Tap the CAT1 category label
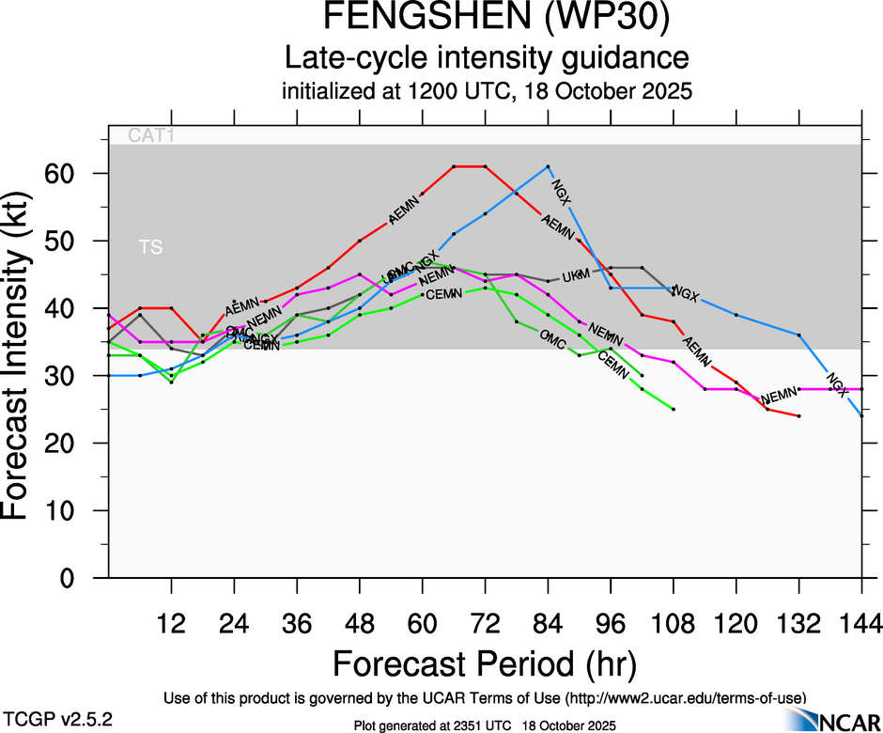pyautogui.click(x=151, y=135)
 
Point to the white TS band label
pyautogui.click(x=150, y=247)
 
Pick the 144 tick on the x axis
pyautogui.click(x=861, y=623)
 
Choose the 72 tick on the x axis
pyautogui.click(x=485, y=623)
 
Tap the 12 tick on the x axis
pyautogui.click(x=171, y=623)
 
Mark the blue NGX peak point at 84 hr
pyautogui.click(x=548, y=166)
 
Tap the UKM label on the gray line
pyautogui.click(x=574, y=275)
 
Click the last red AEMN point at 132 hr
pyautogui.click(x=798, y=415)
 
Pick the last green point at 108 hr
pyautogui.click(x=674, y=409)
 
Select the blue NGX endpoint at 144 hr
pyautogui.click(x=861, y=415)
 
